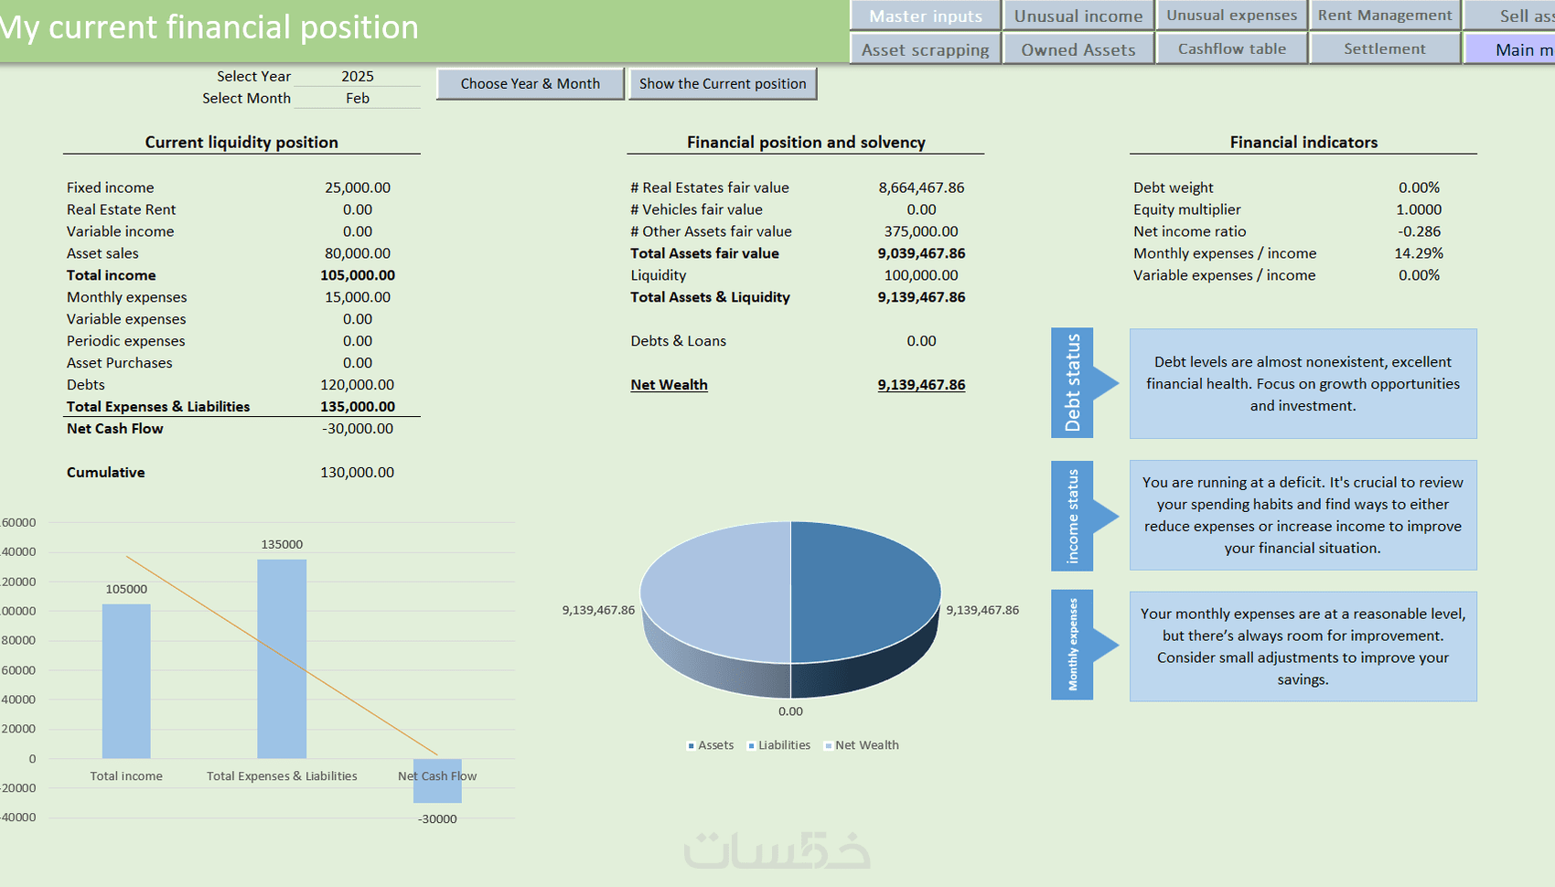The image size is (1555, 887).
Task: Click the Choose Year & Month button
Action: [x=531, y=84]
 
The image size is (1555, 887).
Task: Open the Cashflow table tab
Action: [x=1231, y=49]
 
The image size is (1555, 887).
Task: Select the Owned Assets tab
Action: [x=1078, y=49]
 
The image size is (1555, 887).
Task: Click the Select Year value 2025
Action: [x=358, y=77]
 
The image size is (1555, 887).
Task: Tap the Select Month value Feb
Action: [x=358, y=99]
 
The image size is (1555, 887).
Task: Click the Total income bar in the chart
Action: [x=126, y=681]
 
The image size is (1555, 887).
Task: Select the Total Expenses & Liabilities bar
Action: [x=282, y=658]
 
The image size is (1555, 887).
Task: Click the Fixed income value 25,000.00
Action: [x=358, y=187]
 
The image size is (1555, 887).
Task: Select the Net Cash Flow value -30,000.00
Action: [x=358, y=429]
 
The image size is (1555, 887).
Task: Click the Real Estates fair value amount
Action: [x=921, y=187]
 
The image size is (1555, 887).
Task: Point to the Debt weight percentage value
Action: [x=1419, y=187]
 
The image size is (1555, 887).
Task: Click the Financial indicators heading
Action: [x=1303, y=143]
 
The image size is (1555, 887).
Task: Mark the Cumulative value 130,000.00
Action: [x=358, y=473]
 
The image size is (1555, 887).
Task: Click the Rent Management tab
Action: [x=1384, y=16]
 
